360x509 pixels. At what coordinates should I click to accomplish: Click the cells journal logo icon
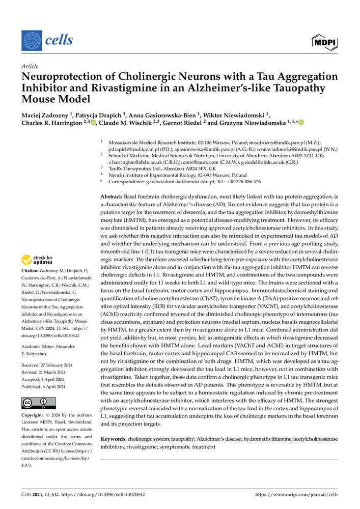tap(31, 40)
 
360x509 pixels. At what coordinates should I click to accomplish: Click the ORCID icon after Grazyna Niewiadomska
tap(301, 123)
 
